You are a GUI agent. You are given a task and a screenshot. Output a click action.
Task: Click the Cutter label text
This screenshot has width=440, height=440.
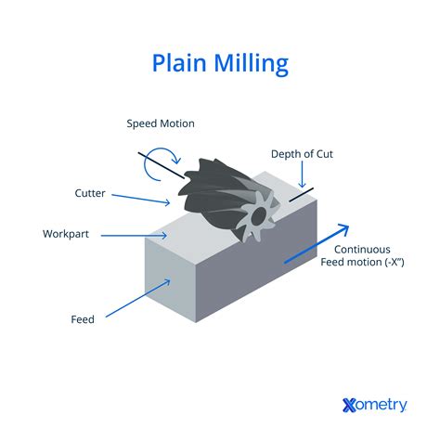click(x=90, y=193)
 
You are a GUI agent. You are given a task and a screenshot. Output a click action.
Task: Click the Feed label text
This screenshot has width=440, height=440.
click(x=83, y=318)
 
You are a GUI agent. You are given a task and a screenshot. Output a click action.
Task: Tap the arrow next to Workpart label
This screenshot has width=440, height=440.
click(x=135, y=235)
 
